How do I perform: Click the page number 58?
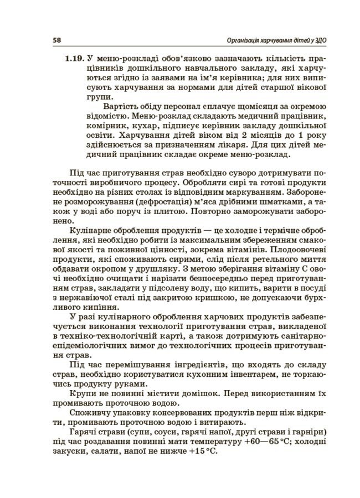pyautogui.click(x=56, y=40)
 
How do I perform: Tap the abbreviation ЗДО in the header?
pyautogui.click(x=316, y=40)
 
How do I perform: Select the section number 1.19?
pyautogui.click(x=74, y=58)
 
